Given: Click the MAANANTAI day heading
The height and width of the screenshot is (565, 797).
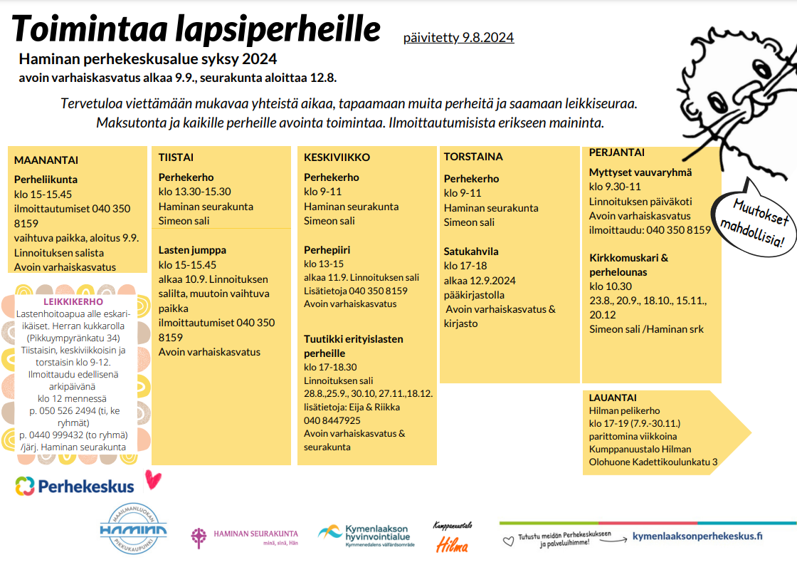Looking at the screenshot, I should pyautogui.click(x=46, y=160).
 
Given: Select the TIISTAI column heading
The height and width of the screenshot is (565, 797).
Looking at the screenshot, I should pyautogui.click(x=176, y=157).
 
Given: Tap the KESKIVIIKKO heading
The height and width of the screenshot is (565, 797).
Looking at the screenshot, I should pyautogui.click(x=337, y=157).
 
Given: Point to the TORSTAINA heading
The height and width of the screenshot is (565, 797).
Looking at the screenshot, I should pyautogui.click(x=473, y=157).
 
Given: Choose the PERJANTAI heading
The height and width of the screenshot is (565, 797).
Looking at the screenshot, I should pyautogui.click(x=617, y=152).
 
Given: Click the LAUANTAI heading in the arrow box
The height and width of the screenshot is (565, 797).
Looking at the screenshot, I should pyautogui.click(x=613, y=398).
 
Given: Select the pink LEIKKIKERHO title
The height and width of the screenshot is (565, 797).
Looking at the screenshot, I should pyautogui.click(x=73, y=302).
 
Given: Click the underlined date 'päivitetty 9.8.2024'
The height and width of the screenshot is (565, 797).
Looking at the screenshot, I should pyautogui.click(x=458, y=38).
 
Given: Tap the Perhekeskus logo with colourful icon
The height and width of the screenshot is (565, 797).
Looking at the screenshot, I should pyautogui.click(x=75, y=487).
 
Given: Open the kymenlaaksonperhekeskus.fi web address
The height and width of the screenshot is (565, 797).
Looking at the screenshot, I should pyautogui.click(x=697, y=537).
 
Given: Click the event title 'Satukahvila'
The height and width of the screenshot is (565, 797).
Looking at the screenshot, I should pyautogui.click(x=471, y=252).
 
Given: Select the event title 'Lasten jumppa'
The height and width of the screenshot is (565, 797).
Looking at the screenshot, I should pyautogui.click(x=192, y=250).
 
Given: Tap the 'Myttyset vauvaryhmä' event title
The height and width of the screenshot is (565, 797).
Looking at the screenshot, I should pyautogui.click(x=640, y=172).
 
